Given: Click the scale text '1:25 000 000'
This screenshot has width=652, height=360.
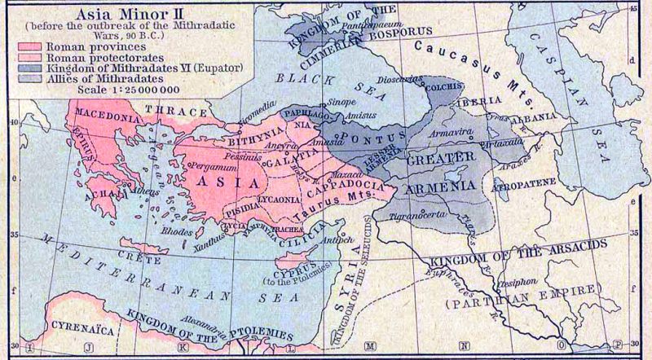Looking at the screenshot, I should point(112,90).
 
